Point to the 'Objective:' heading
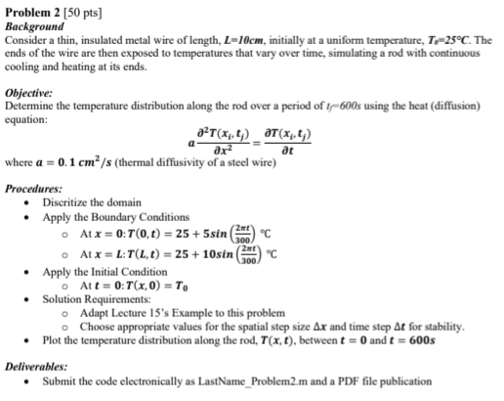click(x=31, y=89)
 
